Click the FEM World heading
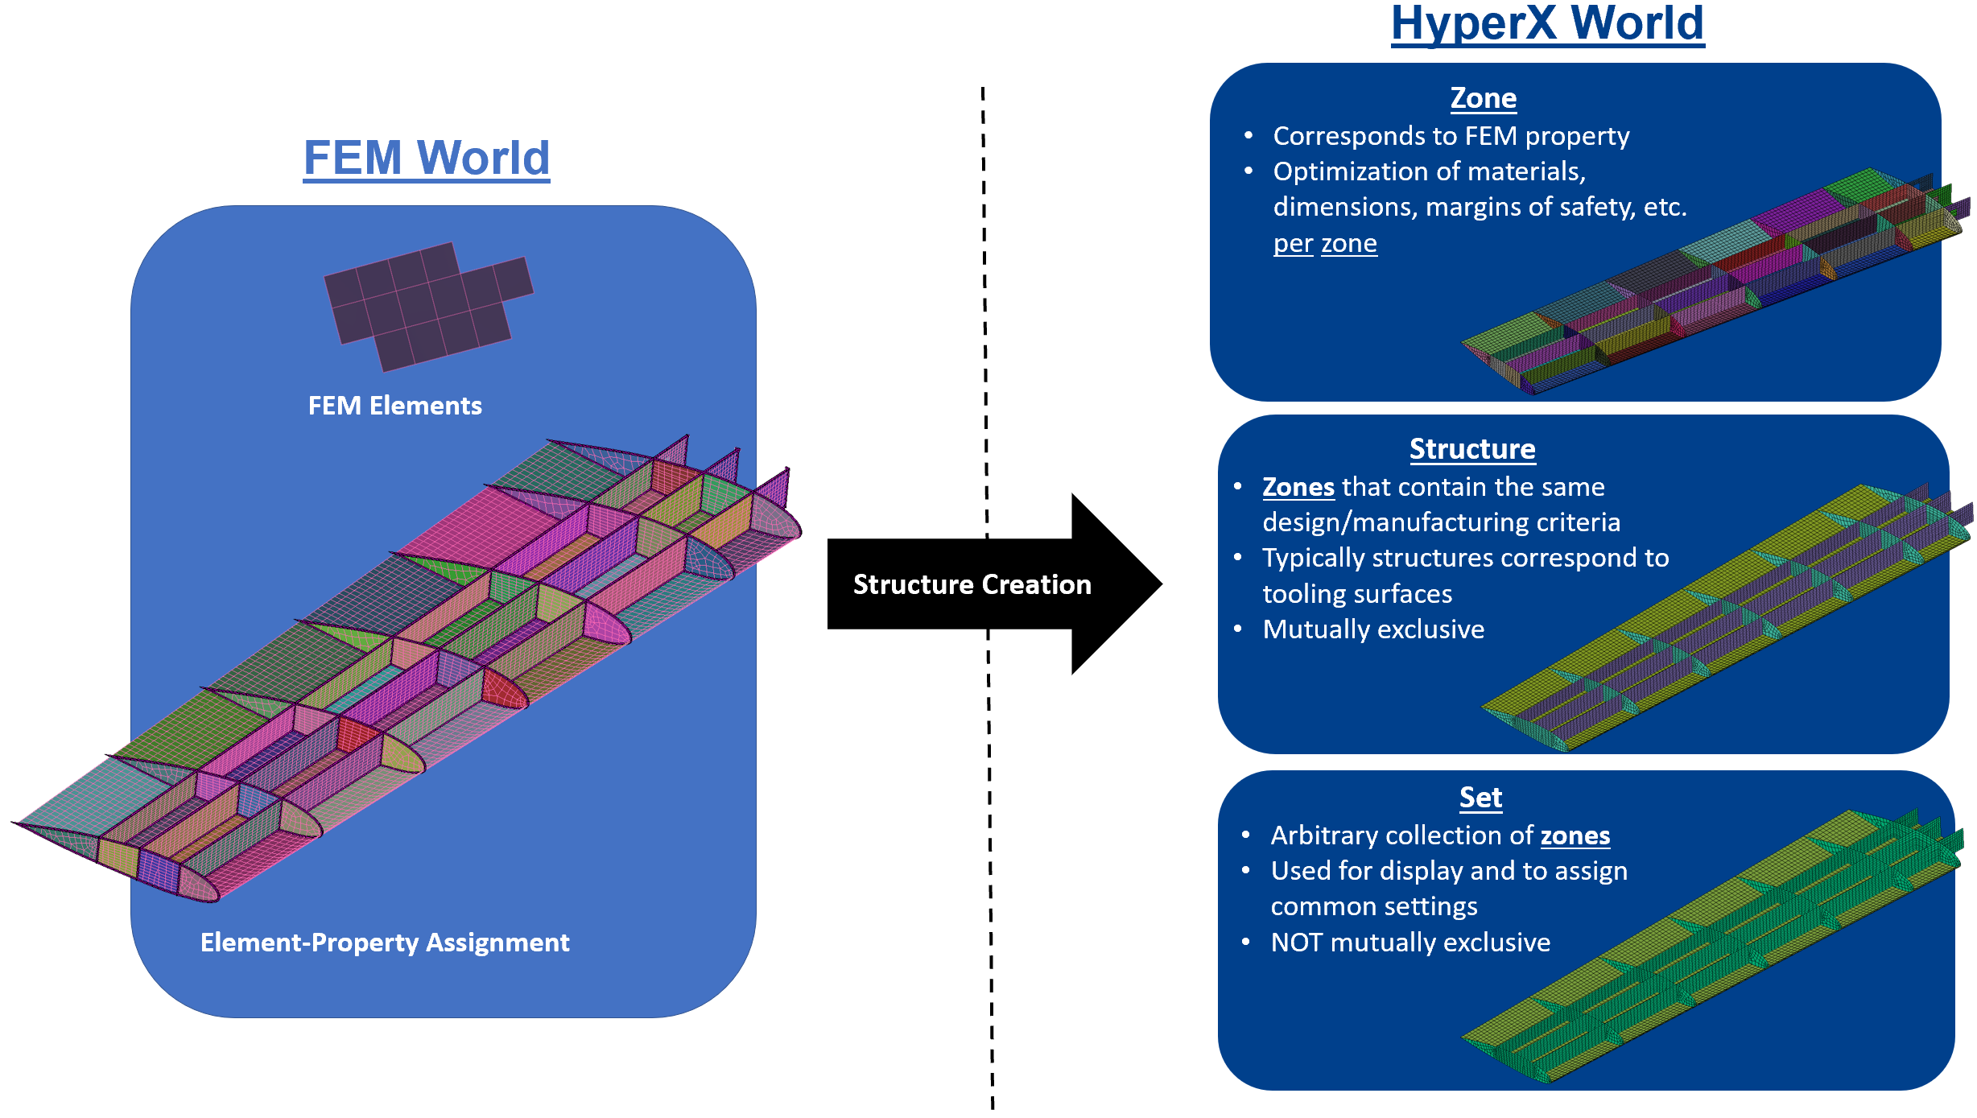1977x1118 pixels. tap(427, 158)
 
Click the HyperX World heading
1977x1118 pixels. tap(1547, 23)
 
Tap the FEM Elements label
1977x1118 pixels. tap(395, 406)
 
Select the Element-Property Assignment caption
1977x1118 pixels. tap(385, 943)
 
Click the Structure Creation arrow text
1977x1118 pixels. tap(972, 584)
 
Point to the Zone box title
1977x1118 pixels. tap(1484, 98)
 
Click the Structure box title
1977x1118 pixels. tap(1472, 449)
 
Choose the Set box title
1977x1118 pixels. tap(1481, 798)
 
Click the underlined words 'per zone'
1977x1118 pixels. tap(1325, 243)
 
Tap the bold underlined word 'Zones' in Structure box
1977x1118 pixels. tap(1298, 487)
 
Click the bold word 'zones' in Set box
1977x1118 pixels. tap(1575, 835)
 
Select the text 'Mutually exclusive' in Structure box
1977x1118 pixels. tap(1373, 629)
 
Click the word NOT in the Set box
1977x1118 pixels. tap(1297, 943)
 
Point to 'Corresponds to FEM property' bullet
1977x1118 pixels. tap(1451, 136)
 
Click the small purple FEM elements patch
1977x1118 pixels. tap(429, 307)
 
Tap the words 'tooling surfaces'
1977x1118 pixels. tap(1357, 594)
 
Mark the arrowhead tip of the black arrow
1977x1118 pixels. tap(1162, 584)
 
